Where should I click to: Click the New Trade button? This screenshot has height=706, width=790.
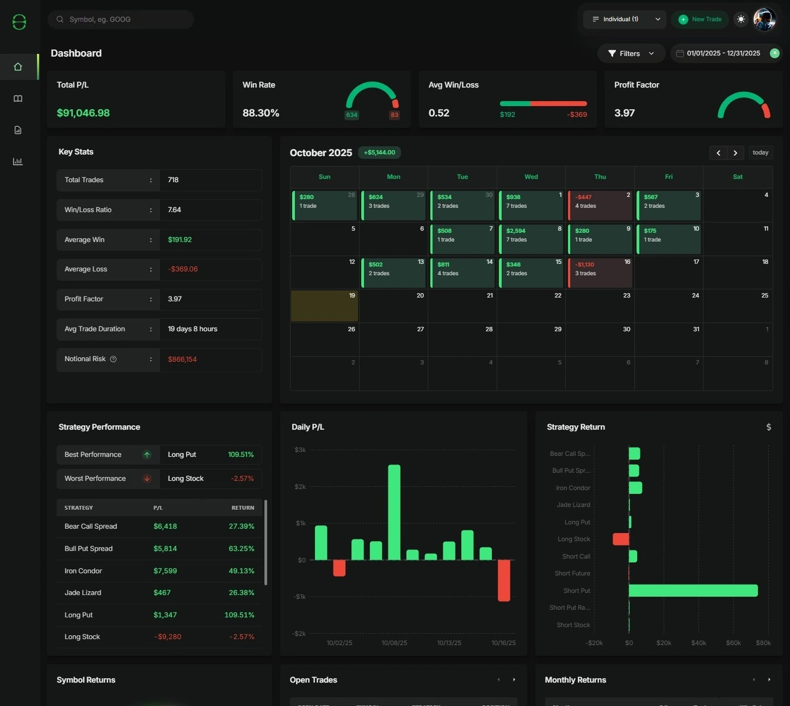[x=700, y=19]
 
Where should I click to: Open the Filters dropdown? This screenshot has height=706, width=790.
[x=631, y=53]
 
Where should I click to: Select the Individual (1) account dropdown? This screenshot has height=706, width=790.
[x=625, y=19]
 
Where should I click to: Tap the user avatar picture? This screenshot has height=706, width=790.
[x=764, y=20]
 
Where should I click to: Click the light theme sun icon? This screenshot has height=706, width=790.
[x=740, y=19]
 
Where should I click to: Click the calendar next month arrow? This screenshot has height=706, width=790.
[x=735, y=153]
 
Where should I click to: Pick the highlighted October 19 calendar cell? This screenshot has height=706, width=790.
[x=324, y=306]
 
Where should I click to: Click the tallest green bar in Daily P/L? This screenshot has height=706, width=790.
[x=394, y=512]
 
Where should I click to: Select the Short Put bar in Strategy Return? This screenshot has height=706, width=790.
[x=693, y=591]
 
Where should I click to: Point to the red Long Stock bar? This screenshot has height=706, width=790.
[x=620, y=539]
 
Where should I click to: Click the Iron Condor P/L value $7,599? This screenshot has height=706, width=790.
[x=165, y=571]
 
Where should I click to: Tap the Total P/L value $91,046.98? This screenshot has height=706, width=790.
[x=83, y=113]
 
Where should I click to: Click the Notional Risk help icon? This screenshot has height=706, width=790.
[x=113, y=359]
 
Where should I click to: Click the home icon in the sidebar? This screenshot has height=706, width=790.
[x=18, y=67]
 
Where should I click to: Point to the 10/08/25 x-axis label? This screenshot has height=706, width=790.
[x=394, y=643]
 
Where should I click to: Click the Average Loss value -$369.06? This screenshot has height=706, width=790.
[x=183, y=269]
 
